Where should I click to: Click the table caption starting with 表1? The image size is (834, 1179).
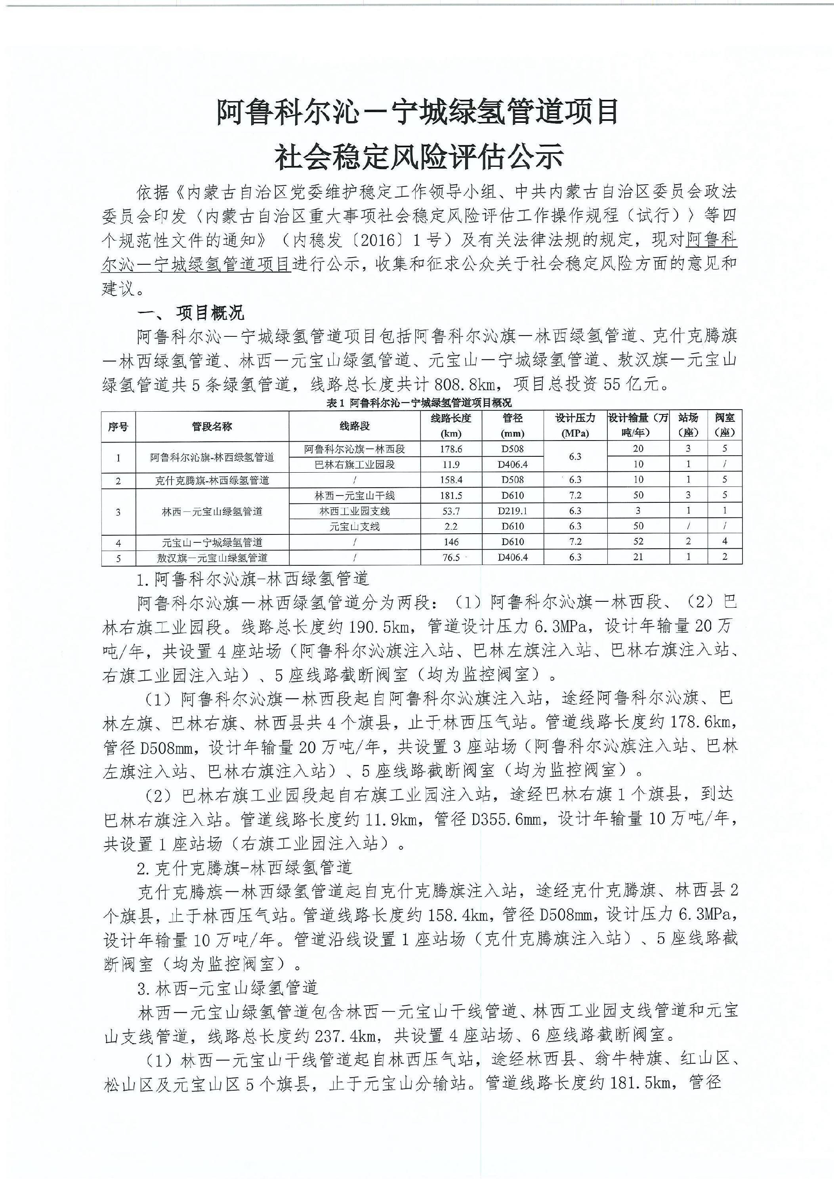point(418,403)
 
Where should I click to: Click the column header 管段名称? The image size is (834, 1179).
point(212,426)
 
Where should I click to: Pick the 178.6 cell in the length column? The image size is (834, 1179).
point(451,449)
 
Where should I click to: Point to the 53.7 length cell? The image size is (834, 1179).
point(451,511)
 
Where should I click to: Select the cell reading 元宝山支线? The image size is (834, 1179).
point(354,527)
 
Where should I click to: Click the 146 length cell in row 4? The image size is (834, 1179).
point(451,542)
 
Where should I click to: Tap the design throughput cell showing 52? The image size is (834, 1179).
point(638,542)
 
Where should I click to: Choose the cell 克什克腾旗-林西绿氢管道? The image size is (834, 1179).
point(212,481)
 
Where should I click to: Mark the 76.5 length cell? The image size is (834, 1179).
point(451,558)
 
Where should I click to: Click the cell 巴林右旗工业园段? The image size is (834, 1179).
point(354,465)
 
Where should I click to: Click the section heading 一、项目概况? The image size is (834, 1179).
point(190,313)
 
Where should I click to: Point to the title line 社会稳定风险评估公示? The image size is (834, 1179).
point(418,157)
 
